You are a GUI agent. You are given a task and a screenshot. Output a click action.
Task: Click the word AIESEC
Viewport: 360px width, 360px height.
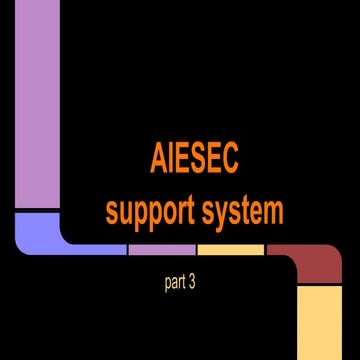pos(193,159)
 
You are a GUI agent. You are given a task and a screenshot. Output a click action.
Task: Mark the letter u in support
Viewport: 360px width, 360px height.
pos(126,213)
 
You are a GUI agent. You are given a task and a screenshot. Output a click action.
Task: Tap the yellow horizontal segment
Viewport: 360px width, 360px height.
pos(230,249)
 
